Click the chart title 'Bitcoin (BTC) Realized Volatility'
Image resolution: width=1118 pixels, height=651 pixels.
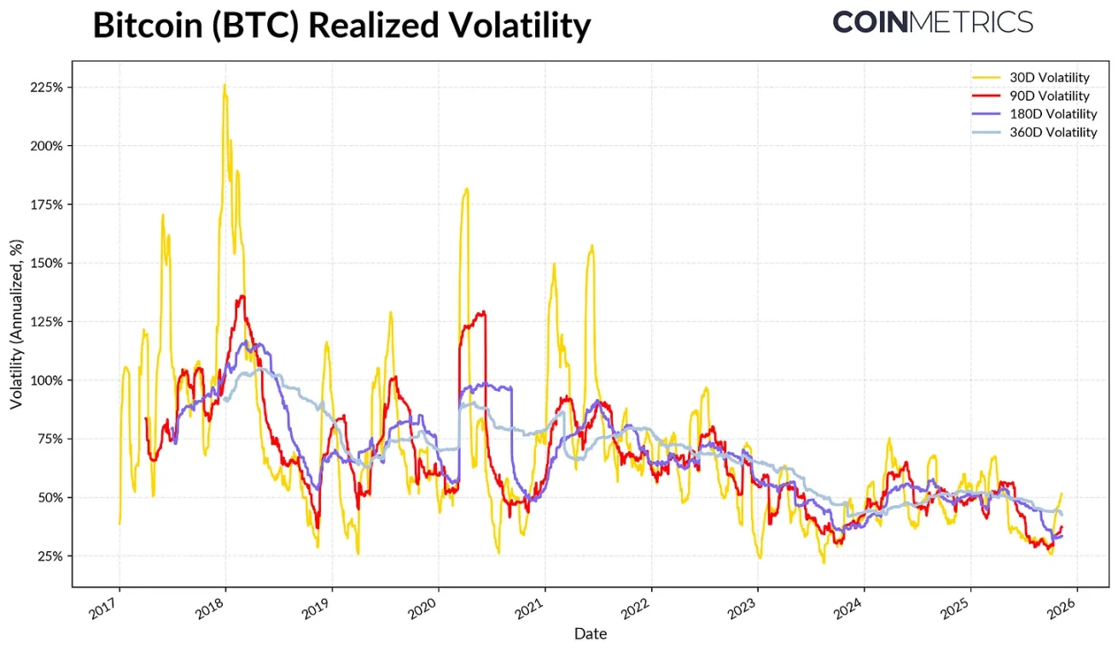click(x=341, y=26)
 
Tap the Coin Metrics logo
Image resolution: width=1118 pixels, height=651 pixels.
click(x=932, y=22)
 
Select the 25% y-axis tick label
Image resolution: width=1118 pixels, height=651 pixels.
click(x=48, y=555)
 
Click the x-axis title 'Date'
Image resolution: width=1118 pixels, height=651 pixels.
click(x=591, y=634)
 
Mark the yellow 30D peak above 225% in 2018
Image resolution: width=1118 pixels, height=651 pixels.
click(x=224, y=84)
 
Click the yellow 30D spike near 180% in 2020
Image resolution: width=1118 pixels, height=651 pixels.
click(x=466, y=189)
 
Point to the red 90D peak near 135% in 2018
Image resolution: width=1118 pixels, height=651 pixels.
click(x=242, y=296)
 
